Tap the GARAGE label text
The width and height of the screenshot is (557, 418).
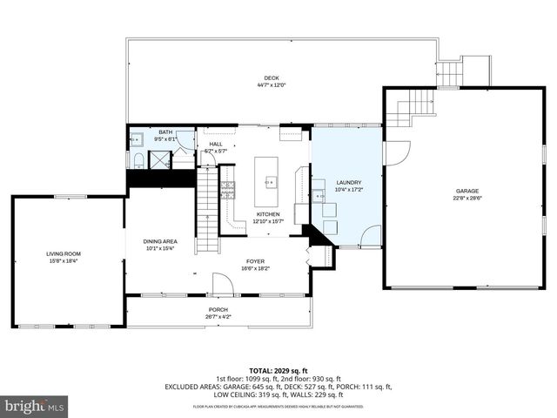[467, 191]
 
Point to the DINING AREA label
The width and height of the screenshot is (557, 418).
[160, 241]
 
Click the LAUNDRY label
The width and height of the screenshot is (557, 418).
[348, 182]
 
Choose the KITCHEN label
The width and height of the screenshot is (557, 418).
[267, 213]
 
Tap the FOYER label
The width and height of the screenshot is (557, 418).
[255, 260]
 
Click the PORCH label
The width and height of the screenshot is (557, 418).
[218, 309]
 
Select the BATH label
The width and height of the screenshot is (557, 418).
[165, 131]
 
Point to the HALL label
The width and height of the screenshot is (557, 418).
[215, 145]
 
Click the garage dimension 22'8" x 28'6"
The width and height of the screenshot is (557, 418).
[467, 198]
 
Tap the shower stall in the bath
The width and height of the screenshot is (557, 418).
[159, 158]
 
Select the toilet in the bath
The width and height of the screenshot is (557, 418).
[138, 158]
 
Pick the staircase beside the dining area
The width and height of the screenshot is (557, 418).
[205, 209]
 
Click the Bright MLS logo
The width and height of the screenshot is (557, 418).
[34, 406]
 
